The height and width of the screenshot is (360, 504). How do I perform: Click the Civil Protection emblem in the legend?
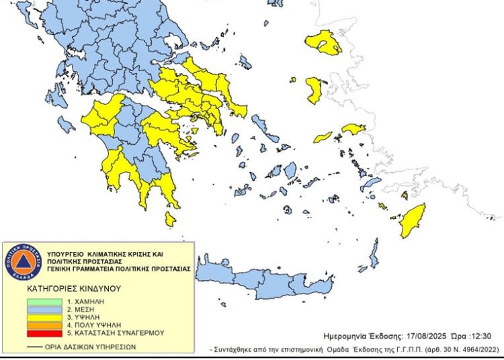click(24, 261)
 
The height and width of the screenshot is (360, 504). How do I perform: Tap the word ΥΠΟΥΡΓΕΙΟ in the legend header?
click(67, 253)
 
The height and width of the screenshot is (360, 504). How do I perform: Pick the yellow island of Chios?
click(314, 91)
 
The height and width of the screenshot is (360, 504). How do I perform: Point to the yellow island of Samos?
click(353, 128)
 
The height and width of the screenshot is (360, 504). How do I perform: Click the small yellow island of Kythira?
click(170, 220)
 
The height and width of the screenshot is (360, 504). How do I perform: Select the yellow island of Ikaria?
click(323, 136)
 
